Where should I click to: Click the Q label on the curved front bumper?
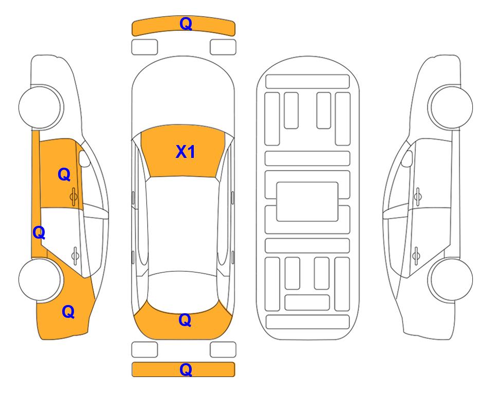[186, 24]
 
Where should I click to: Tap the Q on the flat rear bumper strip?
[186, 369]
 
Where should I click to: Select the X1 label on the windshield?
[186, 152]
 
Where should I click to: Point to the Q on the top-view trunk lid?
[185, 320]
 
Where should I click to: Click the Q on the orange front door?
[64, 174]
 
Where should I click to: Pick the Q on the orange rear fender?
[68, 312]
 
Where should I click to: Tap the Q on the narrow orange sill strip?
[39, 232]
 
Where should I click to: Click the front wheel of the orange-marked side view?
[40, 107]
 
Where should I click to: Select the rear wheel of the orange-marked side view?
[40, 279]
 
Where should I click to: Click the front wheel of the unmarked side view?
[451, 107]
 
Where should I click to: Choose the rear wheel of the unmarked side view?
[451, 279]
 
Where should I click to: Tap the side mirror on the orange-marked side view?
[84, 158]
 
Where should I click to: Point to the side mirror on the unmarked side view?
[407, 158]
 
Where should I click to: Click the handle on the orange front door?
[74, 196]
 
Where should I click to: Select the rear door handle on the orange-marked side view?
[75, 255]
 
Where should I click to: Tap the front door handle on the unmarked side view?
[418, 196]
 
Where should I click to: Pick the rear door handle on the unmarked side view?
[416, 255]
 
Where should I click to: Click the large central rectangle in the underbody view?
[307, 202]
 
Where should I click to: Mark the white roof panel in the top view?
[183, 225]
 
